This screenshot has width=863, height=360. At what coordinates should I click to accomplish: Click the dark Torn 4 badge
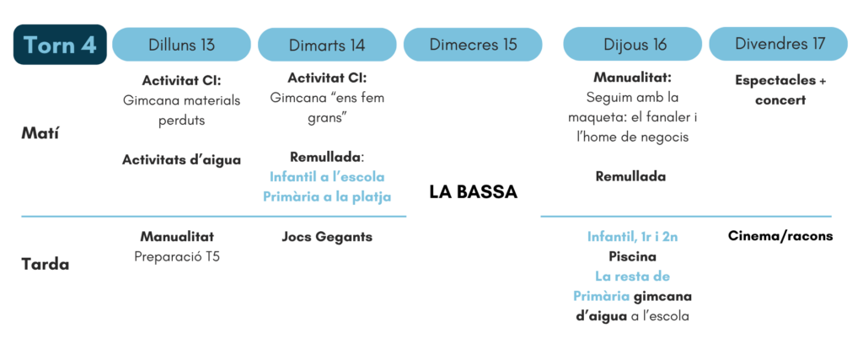(60, 45)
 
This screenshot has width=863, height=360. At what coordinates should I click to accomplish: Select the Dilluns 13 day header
(182, 45)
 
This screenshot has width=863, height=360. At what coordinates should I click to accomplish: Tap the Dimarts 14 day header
(327, 45)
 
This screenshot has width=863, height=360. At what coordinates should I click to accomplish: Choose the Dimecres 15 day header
(473, 45)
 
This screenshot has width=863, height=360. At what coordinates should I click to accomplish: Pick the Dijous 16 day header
(632, 45)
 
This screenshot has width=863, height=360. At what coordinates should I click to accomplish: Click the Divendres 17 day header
(778, 45)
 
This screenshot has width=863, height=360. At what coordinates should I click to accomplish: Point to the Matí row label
(40, 134)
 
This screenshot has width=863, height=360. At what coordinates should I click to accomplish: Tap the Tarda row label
(46, 265)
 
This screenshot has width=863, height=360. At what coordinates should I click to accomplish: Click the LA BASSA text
(473, 193)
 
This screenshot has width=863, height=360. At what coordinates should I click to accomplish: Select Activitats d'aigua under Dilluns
(182, 160)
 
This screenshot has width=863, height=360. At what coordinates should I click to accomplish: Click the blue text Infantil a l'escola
(327, 177)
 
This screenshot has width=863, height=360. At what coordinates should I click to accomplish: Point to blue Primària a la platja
(327, 197)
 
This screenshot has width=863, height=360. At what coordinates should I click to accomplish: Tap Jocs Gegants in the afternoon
(327, 237)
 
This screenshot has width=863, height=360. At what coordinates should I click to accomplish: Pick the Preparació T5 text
(177, 257)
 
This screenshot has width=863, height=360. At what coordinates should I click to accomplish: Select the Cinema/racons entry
(780, 237)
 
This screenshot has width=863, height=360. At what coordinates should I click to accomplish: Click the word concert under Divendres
(780, 100)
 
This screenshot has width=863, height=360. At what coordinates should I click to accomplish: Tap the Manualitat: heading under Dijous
(632, 78)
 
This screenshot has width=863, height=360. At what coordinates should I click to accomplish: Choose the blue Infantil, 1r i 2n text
(632, 237)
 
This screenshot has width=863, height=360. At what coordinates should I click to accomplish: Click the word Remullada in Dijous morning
(630, 177)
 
